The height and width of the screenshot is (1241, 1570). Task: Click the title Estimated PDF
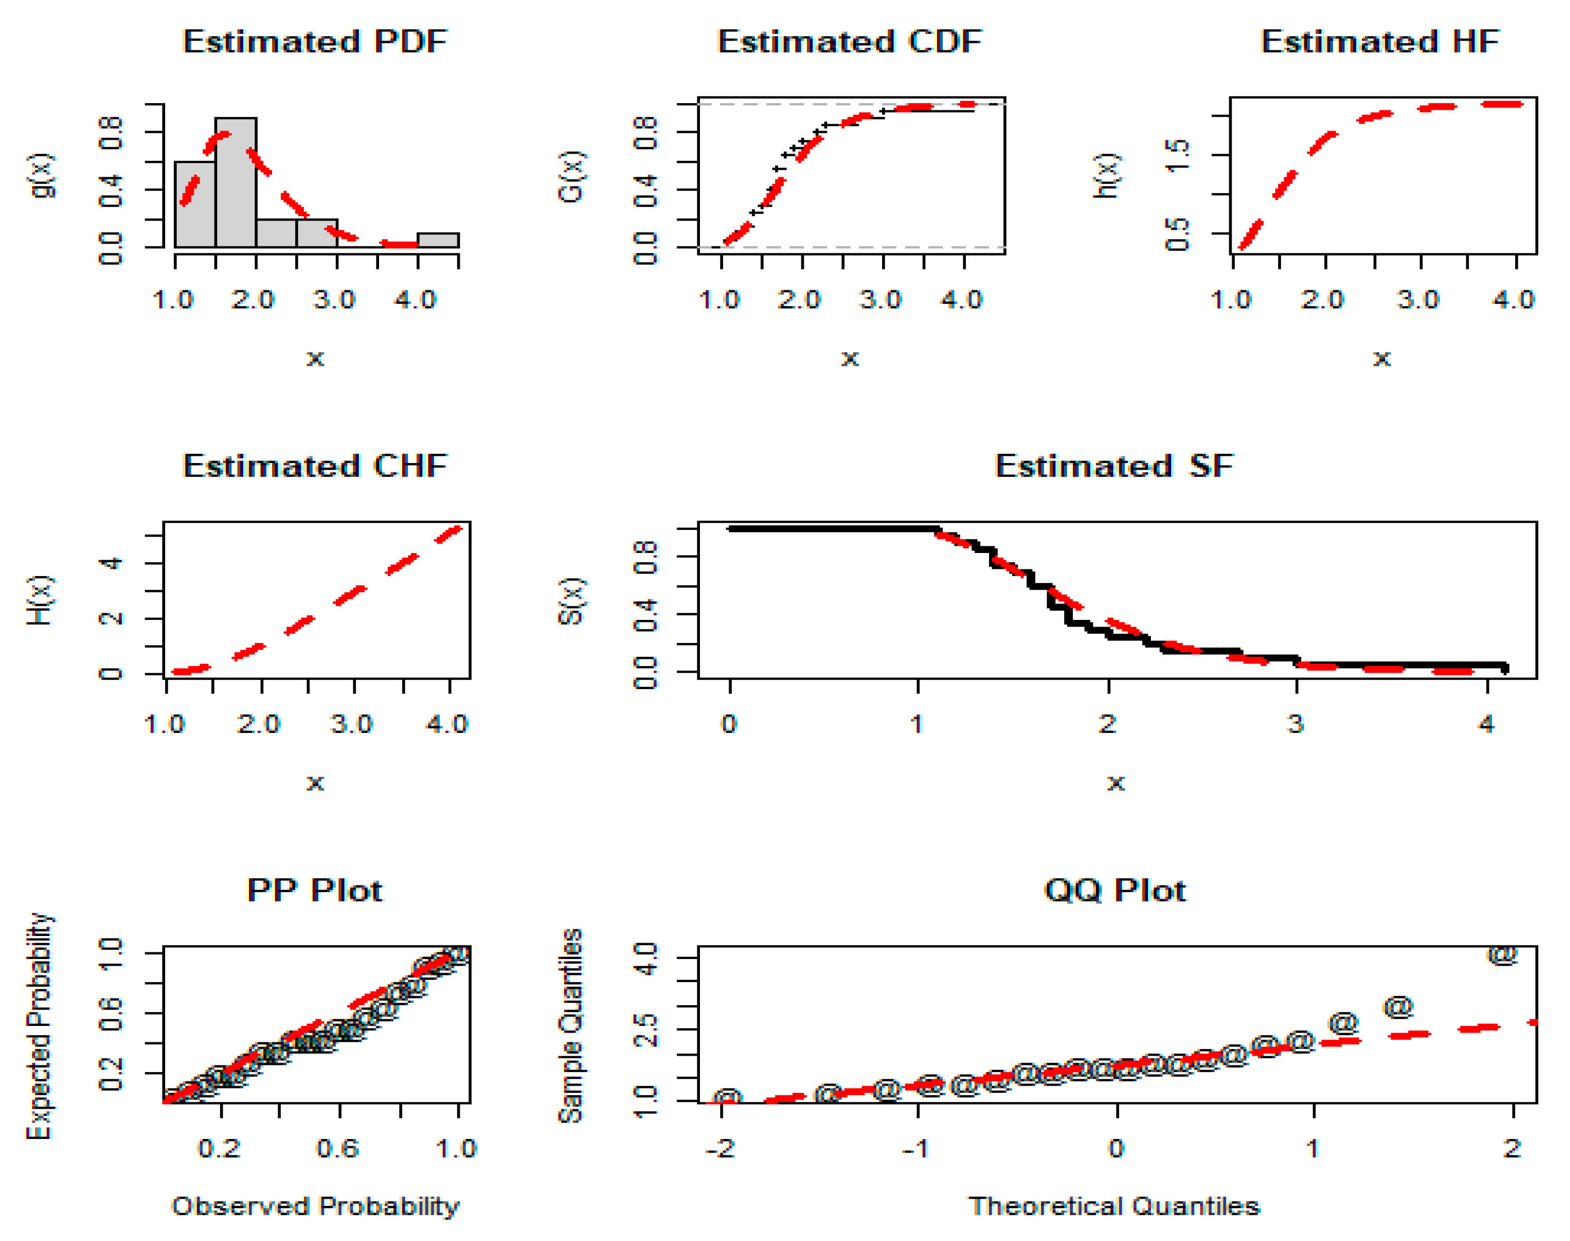[314, 41]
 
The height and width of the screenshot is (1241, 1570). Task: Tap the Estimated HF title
[1380, 41]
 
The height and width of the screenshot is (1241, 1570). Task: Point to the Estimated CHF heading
[314, 466]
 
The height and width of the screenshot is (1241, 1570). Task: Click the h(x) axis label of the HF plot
[1106, 175]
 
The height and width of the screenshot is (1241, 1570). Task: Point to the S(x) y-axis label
[571, 601]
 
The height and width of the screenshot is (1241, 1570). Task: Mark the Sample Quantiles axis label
[571, 1025]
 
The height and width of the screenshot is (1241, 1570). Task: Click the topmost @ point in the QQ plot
[1503, 954]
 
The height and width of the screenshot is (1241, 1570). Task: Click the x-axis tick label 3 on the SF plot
[1296, 724]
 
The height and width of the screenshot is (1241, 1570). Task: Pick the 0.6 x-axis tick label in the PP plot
[337, 1149]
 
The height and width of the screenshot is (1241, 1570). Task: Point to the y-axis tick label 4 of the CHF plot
[110, 562]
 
